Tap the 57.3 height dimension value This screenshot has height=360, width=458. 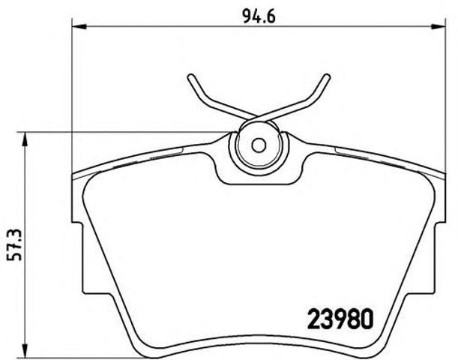tap(13, 244)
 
